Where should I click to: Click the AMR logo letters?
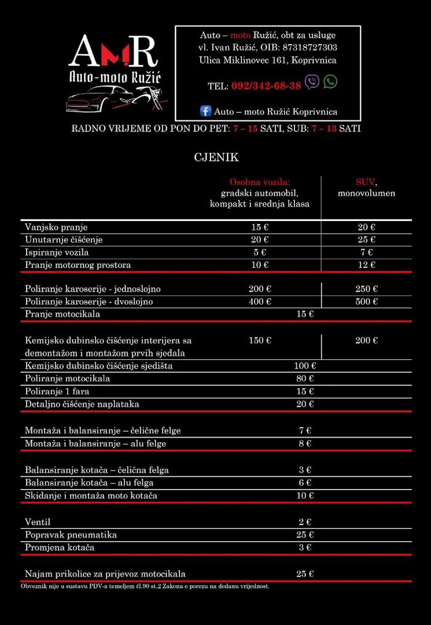point(113,52)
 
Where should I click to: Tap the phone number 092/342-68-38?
point(266,86)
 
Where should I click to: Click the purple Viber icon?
point(312,82)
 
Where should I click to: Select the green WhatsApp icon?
point(330,82)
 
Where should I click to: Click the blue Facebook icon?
point(205,111)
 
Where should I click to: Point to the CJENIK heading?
point(216,157)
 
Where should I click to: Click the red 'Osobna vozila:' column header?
point(259,182)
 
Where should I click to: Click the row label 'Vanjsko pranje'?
point(56,227)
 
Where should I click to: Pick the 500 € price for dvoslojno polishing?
point(366,302)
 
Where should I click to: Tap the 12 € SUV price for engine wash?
point(366,265)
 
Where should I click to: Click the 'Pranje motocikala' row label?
point(62,314)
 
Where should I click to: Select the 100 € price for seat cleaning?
point(305,366)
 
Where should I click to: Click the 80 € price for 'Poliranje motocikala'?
point(305,378)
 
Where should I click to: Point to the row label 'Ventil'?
point(38,522)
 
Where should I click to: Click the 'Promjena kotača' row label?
point(60,547)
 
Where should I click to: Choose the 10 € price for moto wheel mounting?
point(305,495)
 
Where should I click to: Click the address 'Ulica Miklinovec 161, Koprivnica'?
point(268,60)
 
